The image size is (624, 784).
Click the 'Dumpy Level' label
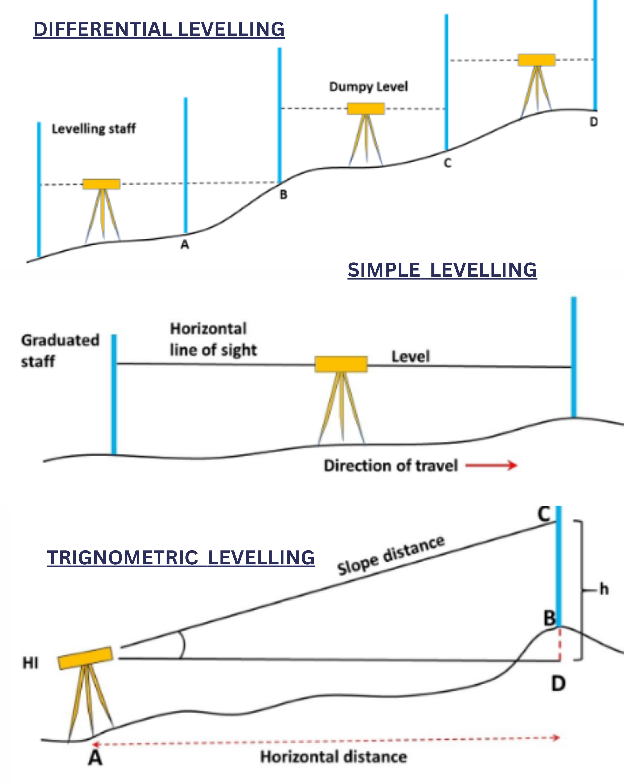click(x=368, y=87)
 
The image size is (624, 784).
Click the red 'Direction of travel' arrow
click(x=491, y=465)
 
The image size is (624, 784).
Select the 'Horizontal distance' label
click(x=333, y=757)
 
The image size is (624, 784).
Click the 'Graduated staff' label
click(x=60, y=351)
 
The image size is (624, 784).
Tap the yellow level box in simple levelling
click(x=341, y=364)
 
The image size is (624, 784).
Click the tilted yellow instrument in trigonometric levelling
click(x=85, y=658)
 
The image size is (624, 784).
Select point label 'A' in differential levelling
click(x=185, y=244)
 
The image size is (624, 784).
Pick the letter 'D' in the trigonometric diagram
click(x=558, y=684)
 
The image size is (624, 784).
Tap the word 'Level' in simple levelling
click(x=410, y=356)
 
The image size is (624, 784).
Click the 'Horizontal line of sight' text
click(x=213, y=339)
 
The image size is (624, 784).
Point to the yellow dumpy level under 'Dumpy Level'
click(x=366, y=109)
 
